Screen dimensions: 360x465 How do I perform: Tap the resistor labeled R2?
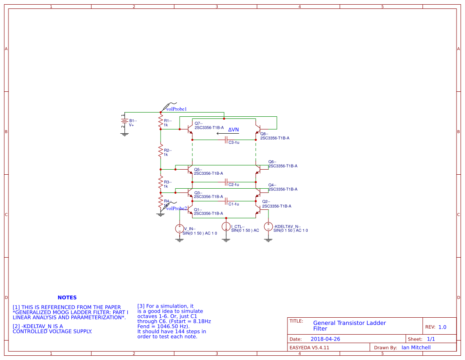(x=161, y=151)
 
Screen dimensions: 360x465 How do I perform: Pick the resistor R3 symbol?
(x=161, y=183)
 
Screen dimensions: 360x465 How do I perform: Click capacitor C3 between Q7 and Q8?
(x=226, y=140)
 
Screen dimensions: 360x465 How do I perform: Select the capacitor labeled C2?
(x=226, y=182)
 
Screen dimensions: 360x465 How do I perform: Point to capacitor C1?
(x=226, y=201)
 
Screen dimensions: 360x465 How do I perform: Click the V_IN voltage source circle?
(x=180, y=229)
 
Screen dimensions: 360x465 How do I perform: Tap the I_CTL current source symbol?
(x=226, y=227)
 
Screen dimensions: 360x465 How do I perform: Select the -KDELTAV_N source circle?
(x=268, y=227)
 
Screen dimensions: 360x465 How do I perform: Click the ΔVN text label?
(x=233, y=129)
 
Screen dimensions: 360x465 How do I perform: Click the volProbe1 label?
(x=176, y=109)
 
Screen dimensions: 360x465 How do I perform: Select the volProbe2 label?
(x=176, y=208)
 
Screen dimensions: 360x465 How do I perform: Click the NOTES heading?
(x=67, y=298)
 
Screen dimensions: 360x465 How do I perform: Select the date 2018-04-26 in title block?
(x=325, y=339)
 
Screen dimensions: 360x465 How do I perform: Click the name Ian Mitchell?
(x=416, y=347)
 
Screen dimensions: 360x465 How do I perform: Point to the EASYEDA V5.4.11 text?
(x=309, y=347)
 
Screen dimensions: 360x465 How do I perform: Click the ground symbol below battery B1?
(x=124, y=134)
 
